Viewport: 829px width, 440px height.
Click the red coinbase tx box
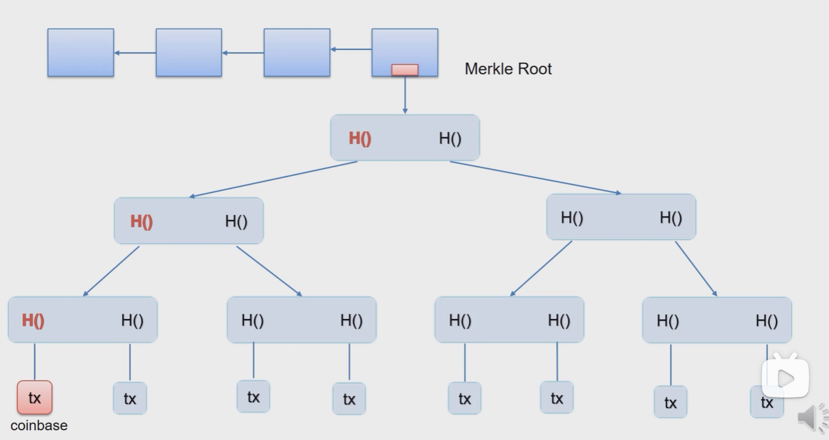point(34,398)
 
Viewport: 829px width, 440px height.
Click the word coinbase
point(39,425)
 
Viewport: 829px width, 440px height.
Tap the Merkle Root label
point(508,69)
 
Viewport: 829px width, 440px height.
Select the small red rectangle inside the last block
point(405,70)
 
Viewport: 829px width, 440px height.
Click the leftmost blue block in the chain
point(81,52)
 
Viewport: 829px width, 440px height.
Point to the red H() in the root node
point(360,139)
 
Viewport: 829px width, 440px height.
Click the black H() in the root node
point(450,139)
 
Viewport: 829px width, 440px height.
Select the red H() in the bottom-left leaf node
point(33,320)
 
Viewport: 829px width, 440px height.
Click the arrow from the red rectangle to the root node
point(405,95)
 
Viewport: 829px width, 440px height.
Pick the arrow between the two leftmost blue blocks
point(135,53)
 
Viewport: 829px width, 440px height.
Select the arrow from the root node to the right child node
point(535,178)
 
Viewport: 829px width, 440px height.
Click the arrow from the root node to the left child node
point(273,179)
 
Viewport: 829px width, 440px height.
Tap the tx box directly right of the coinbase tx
point(130,398)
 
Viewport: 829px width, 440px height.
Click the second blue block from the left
point(189,52)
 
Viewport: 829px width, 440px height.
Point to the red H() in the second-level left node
point(141,222)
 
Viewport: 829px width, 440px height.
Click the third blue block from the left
point(297,52)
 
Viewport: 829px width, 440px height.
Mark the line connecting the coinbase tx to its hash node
point(35,361)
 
